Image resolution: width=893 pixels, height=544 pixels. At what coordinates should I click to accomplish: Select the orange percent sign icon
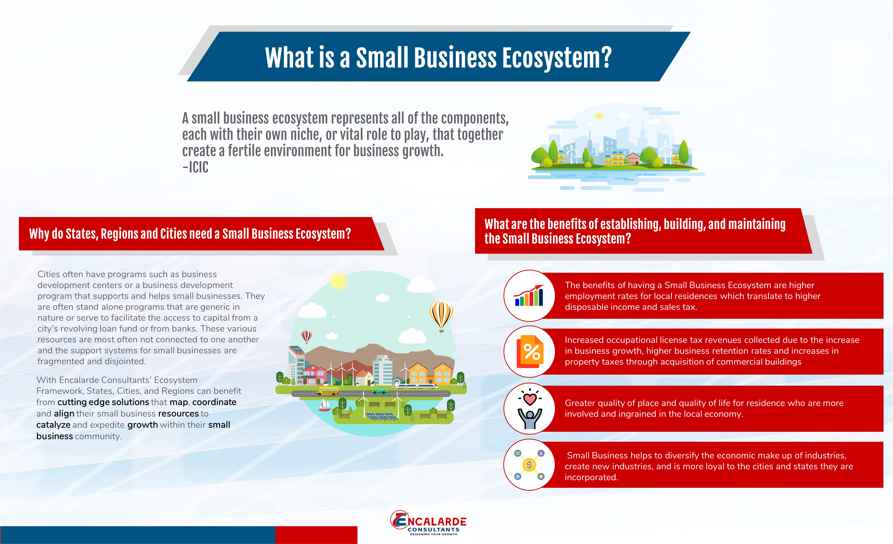coord(530,351)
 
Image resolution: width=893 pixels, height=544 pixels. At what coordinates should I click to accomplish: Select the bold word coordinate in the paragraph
coord(214,402)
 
